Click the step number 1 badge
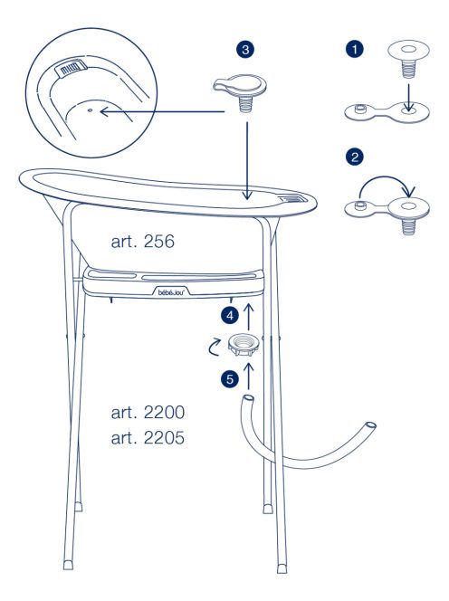click(354, 49)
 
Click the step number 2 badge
click(354, 157)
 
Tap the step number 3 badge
click(245, 50)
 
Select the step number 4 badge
click(230, 316)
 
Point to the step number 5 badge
click(230, 379)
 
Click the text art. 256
click(143, 242)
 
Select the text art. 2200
click(148, 413)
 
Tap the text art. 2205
click(148, 438)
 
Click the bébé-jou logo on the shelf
click(171, 292)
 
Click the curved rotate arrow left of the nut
click(214, 347)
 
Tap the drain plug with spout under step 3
click(240, 92)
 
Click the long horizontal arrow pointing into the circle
click(162, 111)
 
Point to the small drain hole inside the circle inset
click(91, 110)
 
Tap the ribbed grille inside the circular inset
click(72, 68)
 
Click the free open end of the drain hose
click(371, 425)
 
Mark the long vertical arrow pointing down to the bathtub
click(247, 160)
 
